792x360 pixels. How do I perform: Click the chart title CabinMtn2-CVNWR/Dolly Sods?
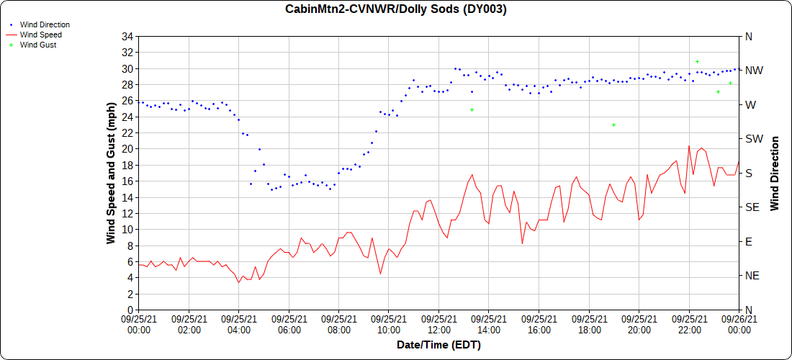(x=395, y=9)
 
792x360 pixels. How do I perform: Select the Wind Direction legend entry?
(x=45, y=24)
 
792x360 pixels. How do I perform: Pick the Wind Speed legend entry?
(x=40, y=35)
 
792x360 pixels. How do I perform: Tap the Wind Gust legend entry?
(x=38, y=45)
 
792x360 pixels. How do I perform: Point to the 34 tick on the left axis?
(x=128, y=37)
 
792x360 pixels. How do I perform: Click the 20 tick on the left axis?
(x=128, y=149)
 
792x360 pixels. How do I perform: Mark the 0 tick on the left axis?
(x=131, y=310)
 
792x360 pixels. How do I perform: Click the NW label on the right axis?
(x=754, y=71)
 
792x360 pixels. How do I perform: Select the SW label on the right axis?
(x=754, y=139)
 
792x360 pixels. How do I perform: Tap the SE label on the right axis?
(x=753, y=207)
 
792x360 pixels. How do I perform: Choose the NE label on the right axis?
(x=753, y=276)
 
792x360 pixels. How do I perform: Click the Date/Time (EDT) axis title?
(x=438, y=345)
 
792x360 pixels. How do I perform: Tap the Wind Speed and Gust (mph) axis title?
(x=111, y=173)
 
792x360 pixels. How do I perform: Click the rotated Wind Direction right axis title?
(x=775, y=173)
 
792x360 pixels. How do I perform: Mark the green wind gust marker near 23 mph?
(x=613, y=125)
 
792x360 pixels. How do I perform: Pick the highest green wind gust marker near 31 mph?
(x=697, y=62)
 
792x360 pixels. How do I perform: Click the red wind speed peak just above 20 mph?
(x=689, y=146)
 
